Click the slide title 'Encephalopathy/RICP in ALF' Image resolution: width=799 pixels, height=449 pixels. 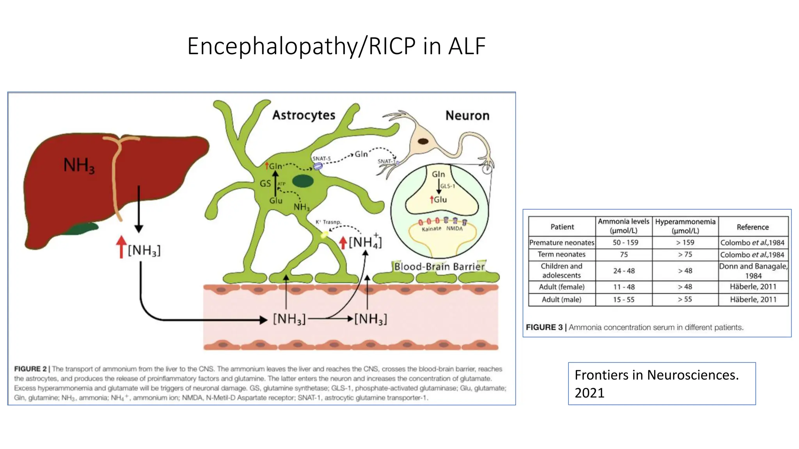point(336,46)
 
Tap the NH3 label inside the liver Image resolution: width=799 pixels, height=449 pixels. point(79,165)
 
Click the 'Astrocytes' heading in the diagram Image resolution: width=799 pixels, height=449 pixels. point(304,115)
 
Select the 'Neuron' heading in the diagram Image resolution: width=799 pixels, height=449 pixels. point(467,116)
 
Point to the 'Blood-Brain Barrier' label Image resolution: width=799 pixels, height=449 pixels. point(439,267)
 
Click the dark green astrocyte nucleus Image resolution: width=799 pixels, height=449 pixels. point(303,181)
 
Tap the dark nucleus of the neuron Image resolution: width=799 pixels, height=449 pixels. point(423,141)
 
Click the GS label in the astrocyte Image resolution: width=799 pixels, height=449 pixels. point(265,184)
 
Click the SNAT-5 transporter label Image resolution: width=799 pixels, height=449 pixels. point(321,159)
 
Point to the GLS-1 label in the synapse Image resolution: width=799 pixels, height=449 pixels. point(447,186)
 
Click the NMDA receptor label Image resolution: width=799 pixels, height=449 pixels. point(454,229)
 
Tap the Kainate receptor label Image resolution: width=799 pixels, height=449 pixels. point(431,229)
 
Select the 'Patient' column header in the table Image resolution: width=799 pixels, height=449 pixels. point(562,227)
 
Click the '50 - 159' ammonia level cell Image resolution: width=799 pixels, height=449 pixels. point(625,242)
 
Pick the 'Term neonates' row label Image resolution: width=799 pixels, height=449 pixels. point(561,255)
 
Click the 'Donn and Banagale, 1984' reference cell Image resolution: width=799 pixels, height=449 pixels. point(753,271)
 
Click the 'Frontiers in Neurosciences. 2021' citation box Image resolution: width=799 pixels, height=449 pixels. point(662,384)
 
